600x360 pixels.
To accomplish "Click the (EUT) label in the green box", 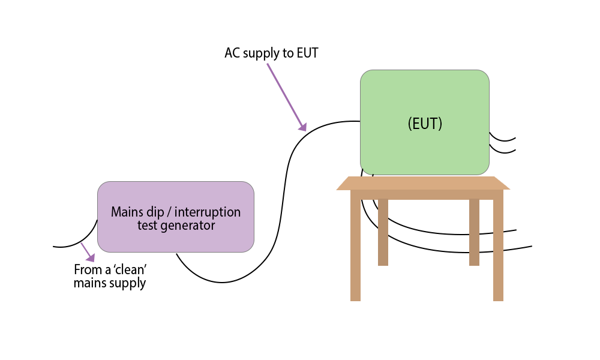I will coord(425,124).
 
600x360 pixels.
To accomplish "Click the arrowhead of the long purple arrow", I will coord(303,127).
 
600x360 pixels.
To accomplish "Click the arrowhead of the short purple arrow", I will coord(91,258).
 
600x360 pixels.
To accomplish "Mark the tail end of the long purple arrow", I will coord(268,64).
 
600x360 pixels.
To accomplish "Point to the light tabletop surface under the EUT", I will coord(423,183).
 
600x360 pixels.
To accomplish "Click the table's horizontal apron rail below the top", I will coord(426,194).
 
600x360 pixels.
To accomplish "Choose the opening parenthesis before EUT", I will coord(410,124).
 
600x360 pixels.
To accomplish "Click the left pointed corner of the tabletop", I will coord(337,189).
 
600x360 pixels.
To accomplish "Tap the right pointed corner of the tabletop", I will coord(509,189).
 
